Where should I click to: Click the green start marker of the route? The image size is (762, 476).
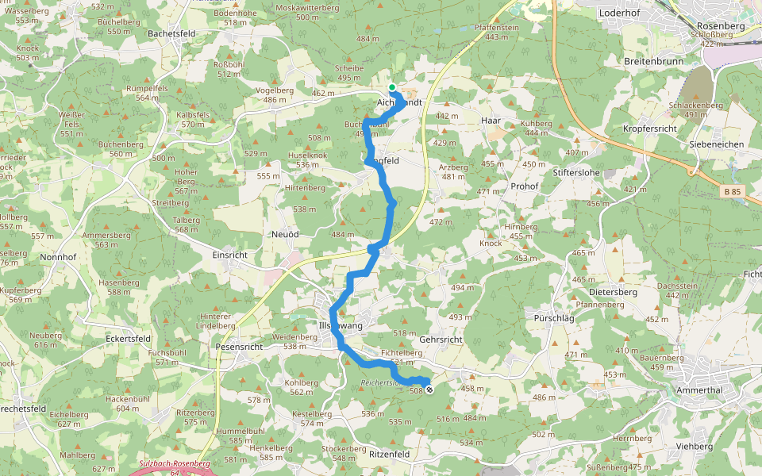tap(392, 87)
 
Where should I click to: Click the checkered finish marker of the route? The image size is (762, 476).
tap(429, 390)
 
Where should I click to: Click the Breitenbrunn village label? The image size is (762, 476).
tap(654, 60)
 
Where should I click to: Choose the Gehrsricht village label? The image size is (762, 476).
tap(440, 339)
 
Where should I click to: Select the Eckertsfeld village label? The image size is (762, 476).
tap(128, 338)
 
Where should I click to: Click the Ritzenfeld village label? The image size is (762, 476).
tap(389, 454)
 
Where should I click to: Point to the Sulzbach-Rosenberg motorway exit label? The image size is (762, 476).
tap(174, 463)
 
